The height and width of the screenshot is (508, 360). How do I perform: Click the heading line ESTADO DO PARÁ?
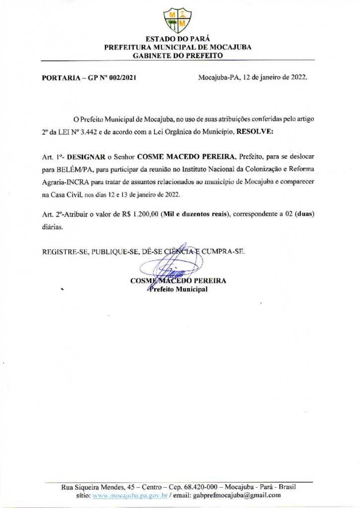177,39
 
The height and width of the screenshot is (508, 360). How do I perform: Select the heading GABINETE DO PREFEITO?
177,56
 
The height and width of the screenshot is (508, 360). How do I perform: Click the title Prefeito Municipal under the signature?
178,289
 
